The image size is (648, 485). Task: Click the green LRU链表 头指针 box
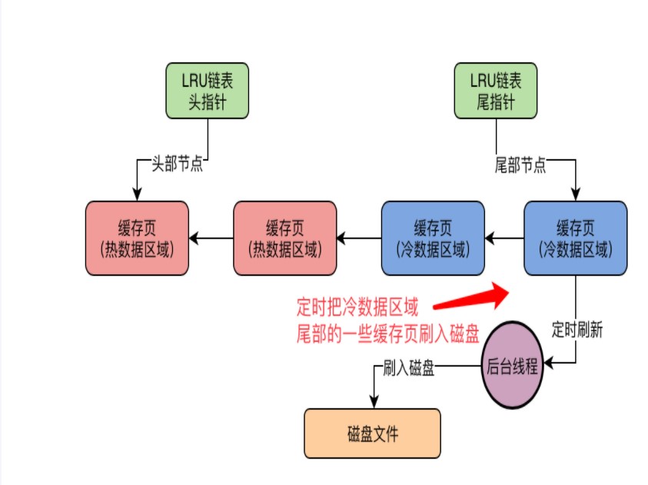208,91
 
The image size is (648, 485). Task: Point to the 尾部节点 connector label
520,164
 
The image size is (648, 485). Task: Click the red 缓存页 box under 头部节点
137,238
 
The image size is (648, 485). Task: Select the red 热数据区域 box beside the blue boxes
285,238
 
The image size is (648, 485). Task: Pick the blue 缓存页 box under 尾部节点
575,238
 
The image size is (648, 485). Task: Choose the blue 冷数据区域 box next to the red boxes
433,238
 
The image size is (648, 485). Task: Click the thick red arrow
470,297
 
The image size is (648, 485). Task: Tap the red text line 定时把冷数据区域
357,309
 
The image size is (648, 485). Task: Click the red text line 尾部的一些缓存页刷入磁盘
388,334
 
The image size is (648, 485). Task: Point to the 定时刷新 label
577,332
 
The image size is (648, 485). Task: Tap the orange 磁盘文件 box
373,434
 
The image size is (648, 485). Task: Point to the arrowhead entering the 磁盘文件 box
374,402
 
